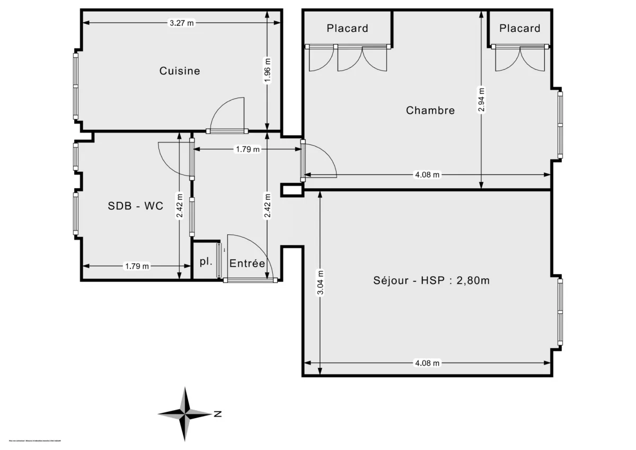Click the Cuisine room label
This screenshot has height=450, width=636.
(180, 70)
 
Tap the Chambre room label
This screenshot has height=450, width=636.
(430, 110)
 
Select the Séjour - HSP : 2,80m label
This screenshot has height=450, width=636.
(431, 280)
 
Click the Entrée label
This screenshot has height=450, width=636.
(246, 263)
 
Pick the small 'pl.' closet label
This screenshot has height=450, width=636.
(205, 261)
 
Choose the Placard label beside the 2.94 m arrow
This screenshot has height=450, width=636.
(519, 28)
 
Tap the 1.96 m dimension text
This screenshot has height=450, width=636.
(267, 71)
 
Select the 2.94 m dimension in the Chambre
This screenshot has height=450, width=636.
(481, 100)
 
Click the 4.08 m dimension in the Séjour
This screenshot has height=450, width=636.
(427, 363)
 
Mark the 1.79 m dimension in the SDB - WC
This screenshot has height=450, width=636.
(137, 266)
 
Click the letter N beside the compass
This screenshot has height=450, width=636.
(217, 414)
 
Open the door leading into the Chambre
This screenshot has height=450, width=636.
(320, 160)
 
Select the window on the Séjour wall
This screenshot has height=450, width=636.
(560, 312)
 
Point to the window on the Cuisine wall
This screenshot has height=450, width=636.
(76, 85)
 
